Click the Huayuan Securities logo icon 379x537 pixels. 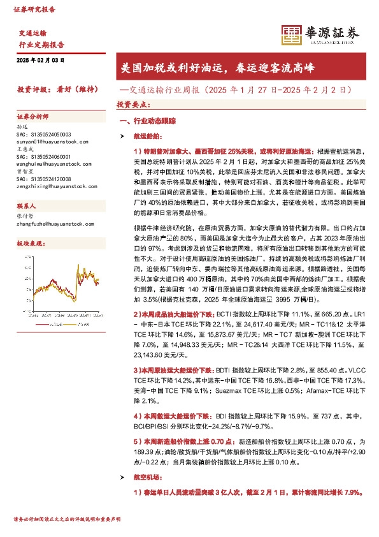pyautogui.click(x=291, y=35)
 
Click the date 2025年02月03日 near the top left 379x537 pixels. pyautogui.click(x=40, y=60)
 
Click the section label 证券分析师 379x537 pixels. pyautogui.click(x=32, y=117)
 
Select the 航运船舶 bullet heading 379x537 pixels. pyautogui.click(x=147, y=136)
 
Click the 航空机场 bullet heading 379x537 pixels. pyautogui.click(x=147, y=477)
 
